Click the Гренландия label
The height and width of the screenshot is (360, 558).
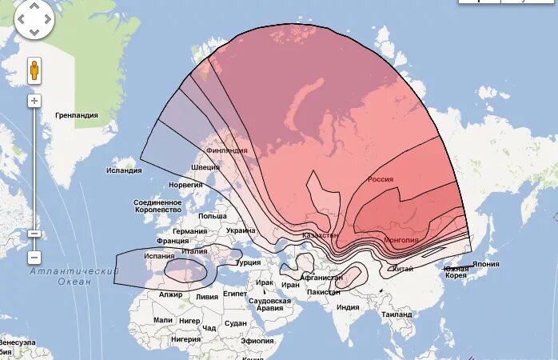[x=76, y=115]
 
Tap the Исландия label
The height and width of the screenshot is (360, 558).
[x=124, y=170]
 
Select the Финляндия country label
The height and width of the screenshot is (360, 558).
[x=226, y=150]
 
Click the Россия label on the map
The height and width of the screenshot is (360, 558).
[x=380, y=180]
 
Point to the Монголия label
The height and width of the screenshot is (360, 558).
[x=401, y=239]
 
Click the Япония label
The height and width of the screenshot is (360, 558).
[x=485, y=264]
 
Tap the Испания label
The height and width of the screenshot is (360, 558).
[x=159, y=256]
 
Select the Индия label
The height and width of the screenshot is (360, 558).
[x=348, y=307]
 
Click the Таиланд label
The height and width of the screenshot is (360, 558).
[x=397, y=315]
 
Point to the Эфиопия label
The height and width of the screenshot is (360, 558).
[x=257, y=341]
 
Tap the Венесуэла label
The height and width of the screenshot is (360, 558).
[x=17, y=342]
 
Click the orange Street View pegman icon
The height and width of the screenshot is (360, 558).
[x=34, y=70]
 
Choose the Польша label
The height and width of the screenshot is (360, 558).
[x=212, y=216]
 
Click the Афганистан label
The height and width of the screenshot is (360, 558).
[x=327, y=278]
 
